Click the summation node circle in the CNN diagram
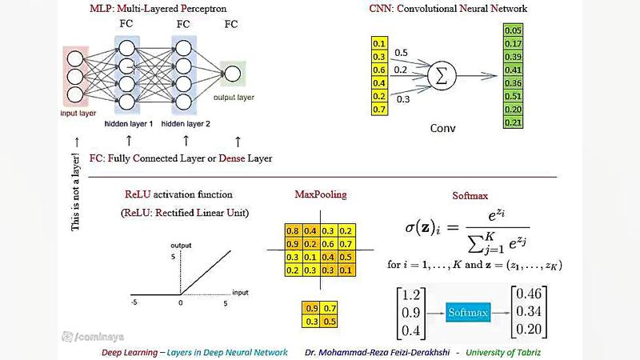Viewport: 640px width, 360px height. [438, 77]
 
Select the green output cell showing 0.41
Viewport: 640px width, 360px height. [514, 70]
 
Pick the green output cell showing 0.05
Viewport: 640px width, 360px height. [514, 30]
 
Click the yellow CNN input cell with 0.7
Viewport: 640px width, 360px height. [379, 108]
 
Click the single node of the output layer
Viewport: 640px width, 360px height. [232, 74]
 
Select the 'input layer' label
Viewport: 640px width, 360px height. [78, 114]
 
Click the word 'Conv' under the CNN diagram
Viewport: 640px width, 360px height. [442, 128]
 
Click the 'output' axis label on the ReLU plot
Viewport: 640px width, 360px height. [180, 245]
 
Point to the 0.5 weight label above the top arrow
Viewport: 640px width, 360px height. [401, 53]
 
